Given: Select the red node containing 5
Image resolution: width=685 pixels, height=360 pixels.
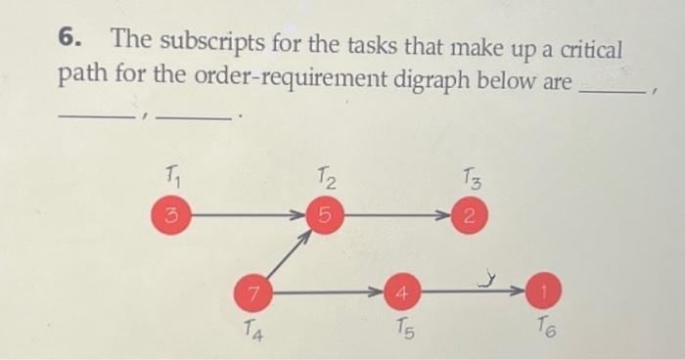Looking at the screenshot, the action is pos(322,214).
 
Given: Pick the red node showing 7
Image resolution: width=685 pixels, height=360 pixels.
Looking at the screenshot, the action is pos(252,291).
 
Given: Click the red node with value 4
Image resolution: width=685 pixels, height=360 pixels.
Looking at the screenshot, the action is pos(401,291).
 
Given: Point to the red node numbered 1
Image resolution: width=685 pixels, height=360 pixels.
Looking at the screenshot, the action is pos(541,291).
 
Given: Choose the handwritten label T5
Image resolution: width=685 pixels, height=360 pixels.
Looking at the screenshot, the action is pos(402,330).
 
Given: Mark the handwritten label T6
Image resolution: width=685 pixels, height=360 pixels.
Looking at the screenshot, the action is pos(544,330).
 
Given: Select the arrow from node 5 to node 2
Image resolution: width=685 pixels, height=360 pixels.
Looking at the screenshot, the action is pos(395,214).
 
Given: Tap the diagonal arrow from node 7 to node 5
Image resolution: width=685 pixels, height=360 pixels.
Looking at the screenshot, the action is pos(286,253).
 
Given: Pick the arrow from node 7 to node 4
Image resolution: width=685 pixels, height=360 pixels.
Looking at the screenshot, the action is pos(326,291).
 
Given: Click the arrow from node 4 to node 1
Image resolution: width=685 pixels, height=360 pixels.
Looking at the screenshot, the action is pos(471,291).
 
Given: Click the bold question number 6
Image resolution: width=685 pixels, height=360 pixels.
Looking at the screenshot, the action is pos(67,39).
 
